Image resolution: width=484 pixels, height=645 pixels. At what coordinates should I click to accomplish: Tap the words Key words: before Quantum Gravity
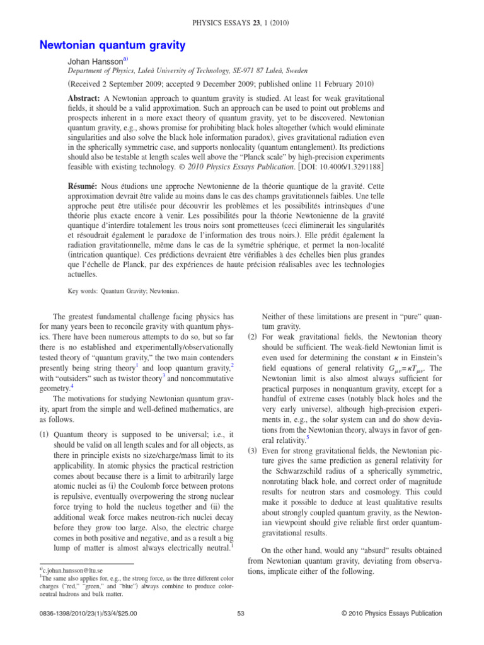click(83, 291)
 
